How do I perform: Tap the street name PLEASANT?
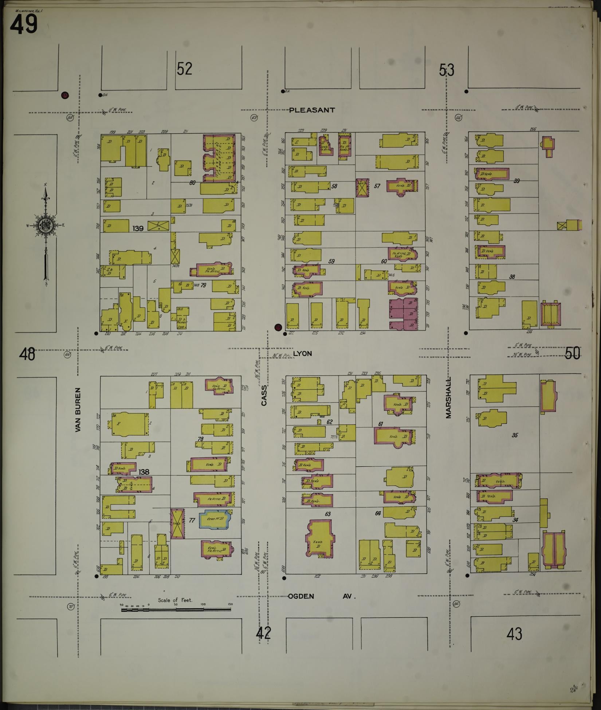click(x=312, y=110)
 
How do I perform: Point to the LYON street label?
click(x=302, y=353)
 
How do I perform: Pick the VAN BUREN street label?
click(x=78, y=410)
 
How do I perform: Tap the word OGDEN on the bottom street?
click(x=301, y=596)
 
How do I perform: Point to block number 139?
click(x=138, y=228)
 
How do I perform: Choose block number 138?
click(x=144, y=472)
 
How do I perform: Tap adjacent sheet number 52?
click(x=184, y=68)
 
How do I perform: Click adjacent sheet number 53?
click(x=447, y=70)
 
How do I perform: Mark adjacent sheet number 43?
click(x=514, y=634)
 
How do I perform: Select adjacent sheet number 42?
click(x=263, y=633)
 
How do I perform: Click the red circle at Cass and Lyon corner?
click(x=279, y=327)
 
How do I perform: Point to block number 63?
click(x=327, y=514)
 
